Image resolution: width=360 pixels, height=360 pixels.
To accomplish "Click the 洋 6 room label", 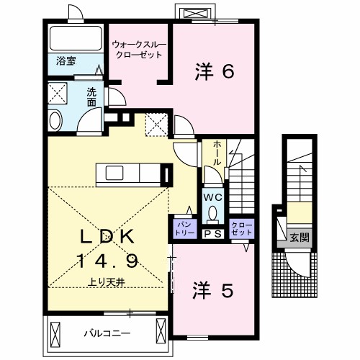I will (x=214, y=71).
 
